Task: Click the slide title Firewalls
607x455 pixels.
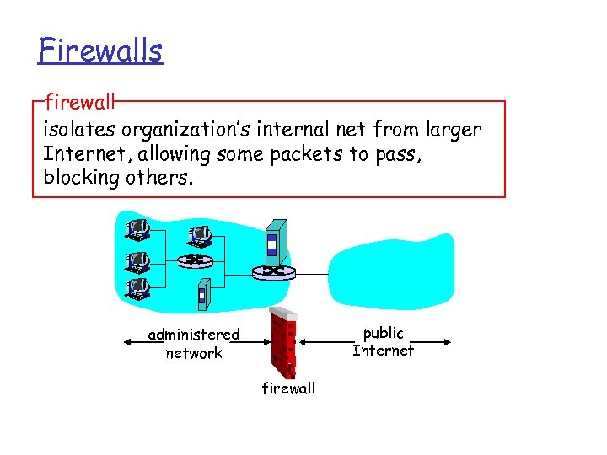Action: [x=100, y=51]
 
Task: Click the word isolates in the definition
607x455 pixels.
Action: [x=80, y=131]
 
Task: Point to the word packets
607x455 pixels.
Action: [x=303, y=154]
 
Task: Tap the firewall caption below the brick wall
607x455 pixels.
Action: [x=288, y=388]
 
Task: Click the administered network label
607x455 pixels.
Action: [x=194, y=344]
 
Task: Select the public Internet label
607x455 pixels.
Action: [x=384, y=342]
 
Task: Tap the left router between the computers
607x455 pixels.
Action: [x=195, y=260]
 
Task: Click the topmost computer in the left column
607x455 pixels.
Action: [x=137, y=227]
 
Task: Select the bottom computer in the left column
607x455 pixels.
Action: [x=137, y=289]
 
